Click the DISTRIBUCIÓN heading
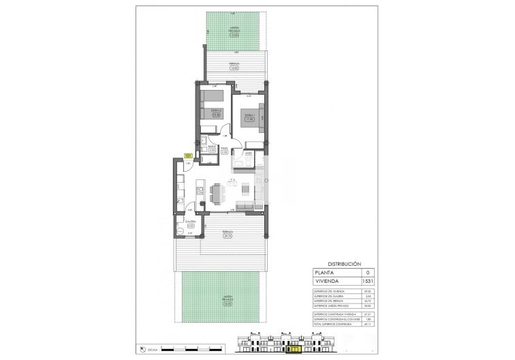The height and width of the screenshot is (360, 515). click(345, 262)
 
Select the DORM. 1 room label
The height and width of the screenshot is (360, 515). click(250, 119)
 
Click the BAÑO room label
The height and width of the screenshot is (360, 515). click(213, 147)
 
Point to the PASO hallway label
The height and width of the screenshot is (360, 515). click(223, 151)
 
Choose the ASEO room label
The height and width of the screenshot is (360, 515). click(249, 154)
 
